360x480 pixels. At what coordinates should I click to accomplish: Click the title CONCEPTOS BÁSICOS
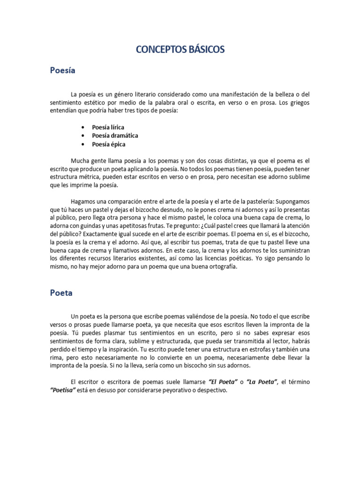pyautogui.click(x=180, y=49)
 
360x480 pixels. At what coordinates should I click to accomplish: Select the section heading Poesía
pyautogui.click(x=63, y=71)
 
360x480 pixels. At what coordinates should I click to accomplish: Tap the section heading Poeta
pyautogui.click(x=61, y=293)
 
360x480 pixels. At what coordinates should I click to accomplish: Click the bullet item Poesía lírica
pyautogui.click(x=108, y=127)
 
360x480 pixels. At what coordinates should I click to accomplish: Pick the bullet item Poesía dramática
pyautogui.click(x=115, y=135)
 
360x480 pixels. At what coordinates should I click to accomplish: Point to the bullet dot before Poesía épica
pyautogui.click(x=83, y=144)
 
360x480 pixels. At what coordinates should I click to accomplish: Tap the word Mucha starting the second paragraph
pyautogui.click(x=79, y=160)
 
